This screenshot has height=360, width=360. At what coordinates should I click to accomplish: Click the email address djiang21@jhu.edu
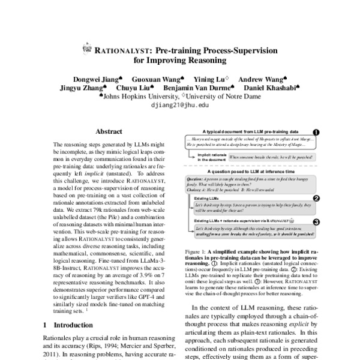tap(180, 104)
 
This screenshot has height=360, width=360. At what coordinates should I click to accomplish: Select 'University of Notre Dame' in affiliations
tap(224, 96)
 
